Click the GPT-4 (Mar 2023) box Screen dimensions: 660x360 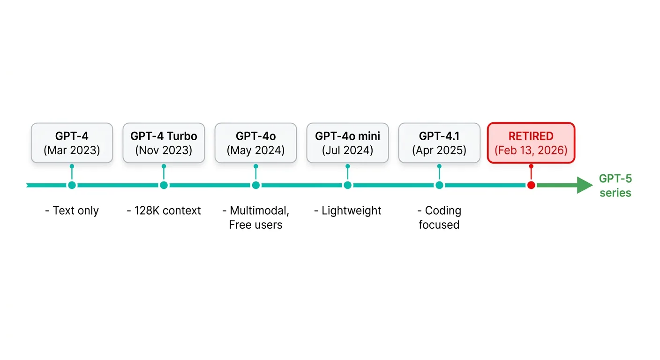click(72, 143)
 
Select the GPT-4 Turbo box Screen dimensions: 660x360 click(164, 143)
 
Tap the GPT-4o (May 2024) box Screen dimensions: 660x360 click(256, 143)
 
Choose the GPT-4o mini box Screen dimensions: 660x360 click(348, 143)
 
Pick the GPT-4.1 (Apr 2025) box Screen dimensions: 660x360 click(439, 143)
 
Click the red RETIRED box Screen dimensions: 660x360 click(531, 143)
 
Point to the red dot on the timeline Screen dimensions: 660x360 click(531, 185)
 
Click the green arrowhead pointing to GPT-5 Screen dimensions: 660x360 click(585, 185)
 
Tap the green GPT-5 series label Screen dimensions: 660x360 click(615, 186)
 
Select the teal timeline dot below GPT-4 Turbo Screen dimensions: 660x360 click(164, 185)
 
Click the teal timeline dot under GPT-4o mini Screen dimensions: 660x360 click(348, 185)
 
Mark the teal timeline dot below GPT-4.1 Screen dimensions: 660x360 click(439, 185)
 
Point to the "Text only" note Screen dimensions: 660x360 click(72, 210)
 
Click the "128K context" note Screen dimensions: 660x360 click(164, 210)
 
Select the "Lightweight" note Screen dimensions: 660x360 click(348, 210)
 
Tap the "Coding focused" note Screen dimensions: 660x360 click(439, 217)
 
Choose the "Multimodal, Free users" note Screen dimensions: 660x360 click(256, 217)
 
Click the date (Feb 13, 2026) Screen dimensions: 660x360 click(531, 150)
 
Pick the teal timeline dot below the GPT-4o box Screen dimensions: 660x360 click(256, 185)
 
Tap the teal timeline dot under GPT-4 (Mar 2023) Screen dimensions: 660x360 click(72, 185)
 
